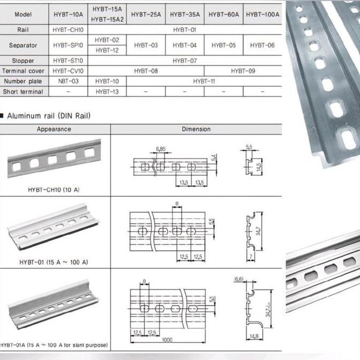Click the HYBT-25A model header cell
click(146, 15)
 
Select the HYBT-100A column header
click(262, 15)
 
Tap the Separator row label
click(23, 45)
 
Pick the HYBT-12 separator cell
click(107, 50)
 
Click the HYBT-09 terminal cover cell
click(243, 71)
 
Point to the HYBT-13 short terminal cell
click(107, 91)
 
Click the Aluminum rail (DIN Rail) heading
click(49, 115)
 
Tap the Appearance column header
click(53, 129)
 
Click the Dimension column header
click(196, 129)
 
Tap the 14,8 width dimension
click(254, 336)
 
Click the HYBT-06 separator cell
click(262, 45)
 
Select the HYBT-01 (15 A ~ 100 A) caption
click(53, 262)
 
